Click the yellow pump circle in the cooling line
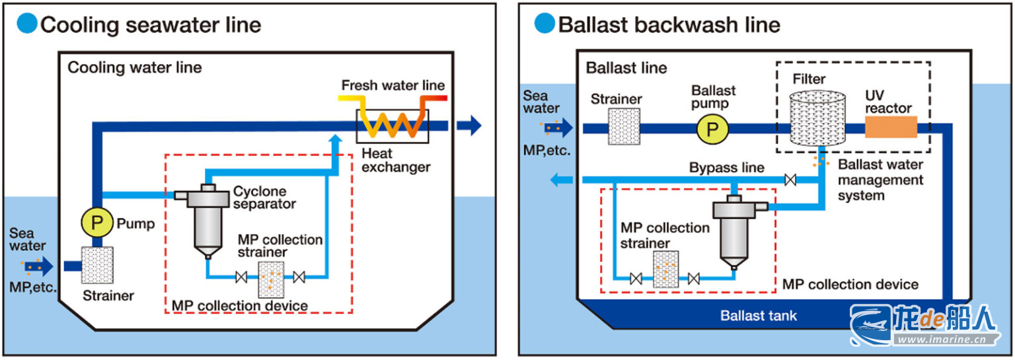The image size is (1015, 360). tap(98, 223)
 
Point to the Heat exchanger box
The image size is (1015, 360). tap(393, 126)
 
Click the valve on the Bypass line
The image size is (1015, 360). tap(788, 179)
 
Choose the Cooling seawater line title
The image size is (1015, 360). tap(151, 25)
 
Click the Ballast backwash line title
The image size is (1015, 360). tap(669, 25)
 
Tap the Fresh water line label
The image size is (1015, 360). tap(393, 86)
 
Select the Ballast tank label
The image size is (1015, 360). tap(759, 316)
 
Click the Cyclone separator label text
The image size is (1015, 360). tap(264, 198)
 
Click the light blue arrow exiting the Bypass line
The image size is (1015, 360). tap(561, 179)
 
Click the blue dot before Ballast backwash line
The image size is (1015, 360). tap(545, 24)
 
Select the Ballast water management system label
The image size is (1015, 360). tap(880, 180)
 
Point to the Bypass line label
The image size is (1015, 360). tap(726, 167)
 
